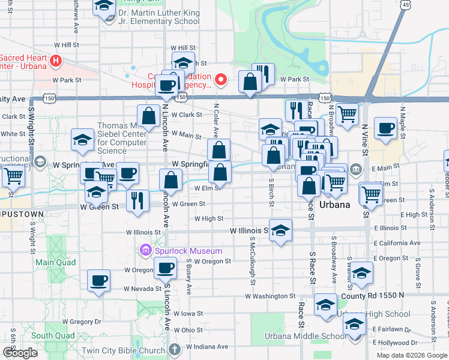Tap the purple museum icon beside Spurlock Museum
coord(145,250)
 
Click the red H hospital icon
coord(56,61)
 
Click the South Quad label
coord(53,336)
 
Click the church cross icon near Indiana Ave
coord(174,350)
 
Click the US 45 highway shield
coord(406,5)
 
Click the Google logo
coord(20,353)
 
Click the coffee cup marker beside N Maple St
coord(385,127)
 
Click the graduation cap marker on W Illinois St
coord(280,230)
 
